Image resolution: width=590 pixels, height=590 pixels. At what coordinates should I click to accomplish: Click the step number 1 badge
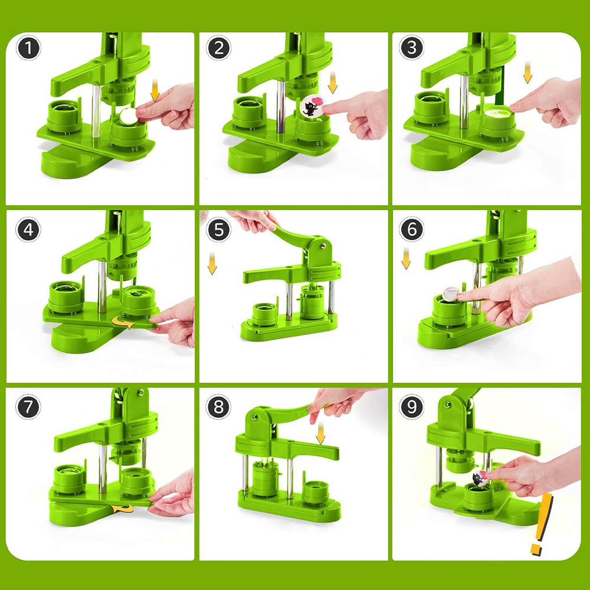click(28, 48)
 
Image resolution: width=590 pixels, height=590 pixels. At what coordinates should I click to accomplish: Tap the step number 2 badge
click(219, 48)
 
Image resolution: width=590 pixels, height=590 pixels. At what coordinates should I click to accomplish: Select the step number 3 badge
click(412, 47)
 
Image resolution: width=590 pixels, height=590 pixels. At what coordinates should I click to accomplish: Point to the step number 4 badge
click(28, 230)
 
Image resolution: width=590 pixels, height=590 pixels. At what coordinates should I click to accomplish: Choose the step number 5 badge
click(219, 230)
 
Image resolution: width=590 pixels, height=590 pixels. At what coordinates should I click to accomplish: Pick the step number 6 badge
click(412, 229)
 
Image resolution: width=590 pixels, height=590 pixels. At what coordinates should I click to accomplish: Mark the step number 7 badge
click(28, 407)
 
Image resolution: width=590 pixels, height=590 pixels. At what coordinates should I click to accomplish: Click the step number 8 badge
click(218, 407)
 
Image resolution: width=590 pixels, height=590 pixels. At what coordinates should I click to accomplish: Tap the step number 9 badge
click(412, 407)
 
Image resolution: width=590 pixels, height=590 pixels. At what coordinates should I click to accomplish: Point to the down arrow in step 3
click(527, 73)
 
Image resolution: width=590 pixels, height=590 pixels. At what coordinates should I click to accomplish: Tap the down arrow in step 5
click(212, 263)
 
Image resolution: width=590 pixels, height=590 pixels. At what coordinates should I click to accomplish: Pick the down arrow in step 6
click(406, 258)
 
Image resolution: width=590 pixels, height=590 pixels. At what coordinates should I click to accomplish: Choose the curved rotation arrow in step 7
click(123, 509)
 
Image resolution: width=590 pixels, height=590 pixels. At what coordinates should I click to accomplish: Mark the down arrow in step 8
click(320, 433)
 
